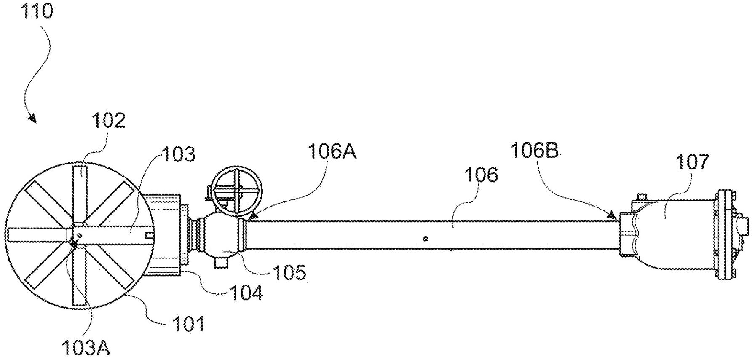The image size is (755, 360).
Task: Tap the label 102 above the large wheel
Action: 109,121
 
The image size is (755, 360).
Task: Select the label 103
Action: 179,155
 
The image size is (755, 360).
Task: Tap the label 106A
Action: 332,151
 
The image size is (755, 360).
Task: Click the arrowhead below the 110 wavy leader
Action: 32,118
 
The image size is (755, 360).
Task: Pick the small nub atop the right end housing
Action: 642,196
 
